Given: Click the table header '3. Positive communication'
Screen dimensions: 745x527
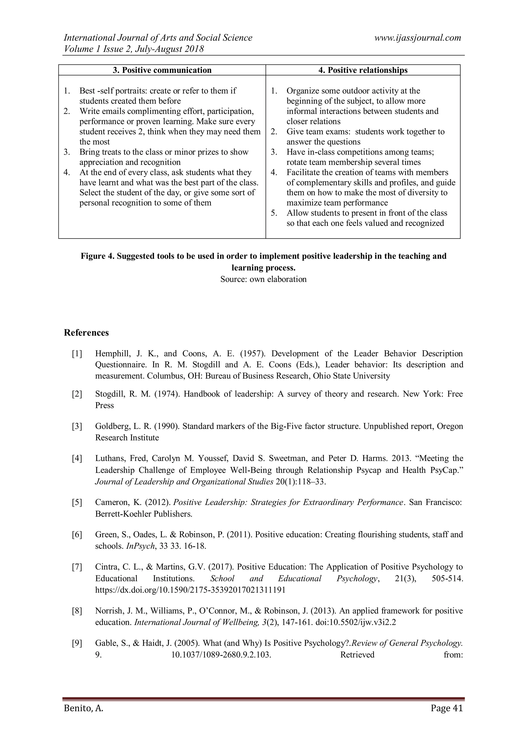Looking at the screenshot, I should click(162, 70).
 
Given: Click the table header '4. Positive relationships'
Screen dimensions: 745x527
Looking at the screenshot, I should click(363, 70).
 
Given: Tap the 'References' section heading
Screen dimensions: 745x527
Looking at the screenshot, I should click(86, 333).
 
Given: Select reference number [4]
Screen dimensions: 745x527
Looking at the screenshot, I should click(77, 458).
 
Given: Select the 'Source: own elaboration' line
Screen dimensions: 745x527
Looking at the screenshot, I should click(263, 279).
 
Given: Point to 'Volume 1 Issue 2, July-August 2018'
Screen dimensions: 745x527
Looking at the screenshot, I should click(134, 49).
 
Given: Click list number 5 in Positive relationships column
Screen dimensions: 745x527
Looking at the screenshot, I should click(274, 213).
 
